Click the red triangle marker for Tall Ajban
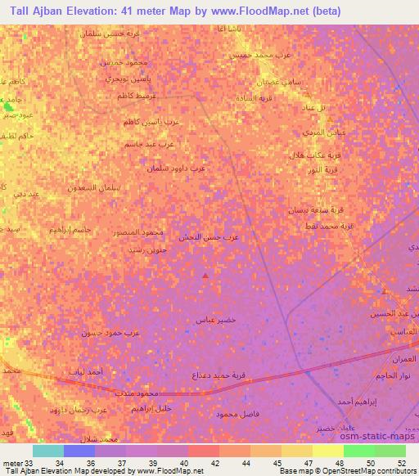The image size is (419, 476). pyautogui.click(x=205, y=276)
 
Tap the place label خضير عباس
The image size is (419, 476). pyautogui.click(x=217, y=320)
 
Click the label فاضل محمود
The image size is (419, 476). pyautogui.click(x=238, y=415)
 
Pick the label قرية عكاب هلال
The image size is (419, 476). pyautogui.click(x=307, y=155)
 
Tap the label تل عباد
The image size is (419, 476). pyautogui.click(x=315, y=108)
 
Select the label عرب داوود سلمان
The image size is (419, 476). pyautogui.click(x=177, y=169)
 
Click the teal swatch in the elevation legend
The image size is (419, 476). pyautogui.click(x=48, y=451)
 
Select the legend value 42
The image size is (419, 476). pyautogui.click(x=214, y=462)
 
